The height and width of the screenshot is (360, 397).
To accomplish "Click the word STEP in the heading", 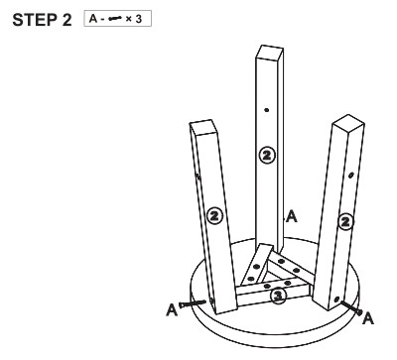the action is coord(35,20).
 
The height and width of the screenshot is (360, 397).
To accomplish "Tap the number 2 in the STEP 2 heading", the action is coord(66,20).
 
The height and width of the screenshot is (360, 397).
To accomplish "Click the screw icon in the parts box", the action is coord(114,19).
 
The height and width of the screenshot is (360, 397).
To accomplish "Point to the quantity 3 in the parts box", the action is coord(138,19).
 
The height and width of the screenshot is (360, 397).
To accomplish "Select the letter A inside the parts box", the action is coord(93,19).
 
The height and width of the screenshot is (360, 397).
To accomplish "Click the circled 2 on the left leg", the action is coord(214,216).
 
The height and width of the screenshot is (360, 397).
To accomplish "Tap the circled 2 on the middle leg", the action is coord(267,155).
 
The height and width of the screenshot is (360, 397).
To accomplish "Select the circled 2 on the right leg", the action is coord(345,221).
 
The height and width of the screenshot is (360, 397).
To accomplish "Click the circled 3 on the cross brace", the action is coord(278,297).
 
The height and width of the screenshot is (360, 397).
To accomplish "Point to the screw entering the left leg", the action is coord(193,303).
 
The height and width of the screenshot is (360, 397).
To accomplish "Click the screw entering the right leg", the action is coord(351,307).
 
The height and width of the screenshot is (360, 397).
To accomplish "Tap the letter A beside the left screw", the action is coord(172,309).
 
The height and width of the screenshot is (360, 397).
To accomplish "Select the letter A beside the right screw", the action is coord(368,318).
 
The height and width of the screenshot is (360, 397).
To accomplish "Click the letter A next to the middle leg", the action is coord(292,216).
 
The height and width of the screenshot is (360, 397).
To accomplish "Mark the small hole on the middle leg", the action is coord(267,110).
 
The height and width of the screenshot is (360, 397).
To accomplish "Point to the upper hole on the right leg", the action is coord(351,175).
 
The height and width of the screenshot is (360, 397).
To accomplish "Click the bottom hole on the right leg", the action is coord(336,300).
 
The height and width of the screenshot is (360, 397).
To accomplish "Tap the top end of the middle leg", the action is coord(270,53).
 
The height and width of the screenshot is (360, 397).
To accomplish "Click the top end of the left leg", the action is coord(203,128).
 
